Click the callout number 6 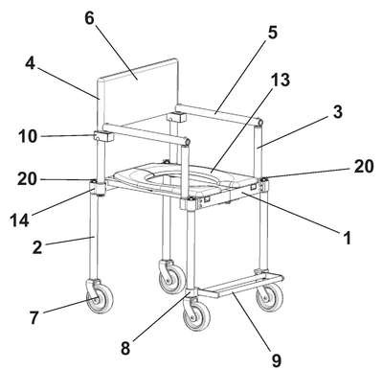point(90,18)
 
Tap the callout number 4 point(30,64)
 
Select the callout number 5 point(272,33)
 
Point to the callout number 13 point(281,80)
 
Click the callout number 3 point(337,112)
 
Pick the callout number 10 point(28,136)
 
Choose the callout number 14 point(19,220)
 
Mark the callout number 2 point(37,247)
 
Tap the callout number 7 point(34,317)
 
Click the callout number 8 point(125,348)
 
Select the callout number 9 point(276,360)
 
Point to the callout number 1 point(347,238)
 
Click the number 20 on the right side point(363,167)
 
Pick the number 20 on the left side point(28,179)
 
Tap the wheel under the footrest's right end point(270,297)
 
